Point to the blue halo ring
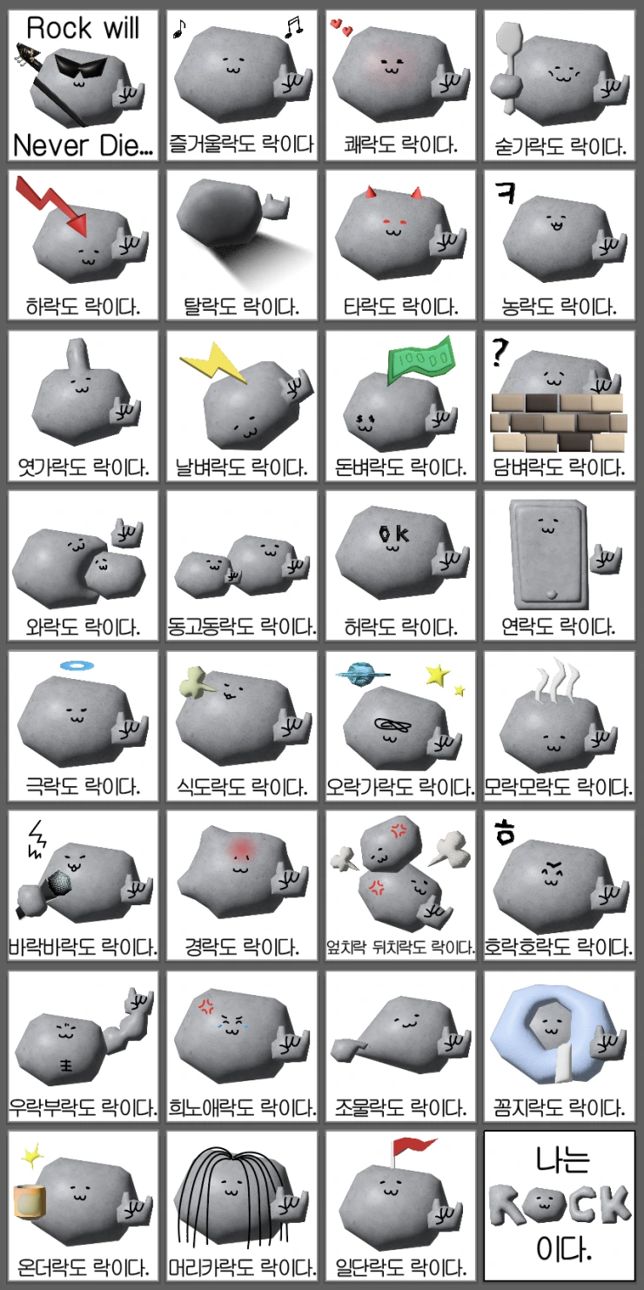[77, 666]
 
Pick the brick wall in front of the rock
[558, 423]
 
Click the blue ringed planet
[360, 674]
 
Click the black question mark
[500, 353]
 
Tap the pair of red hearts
[341, 26]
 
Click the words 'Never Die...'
[83, 145]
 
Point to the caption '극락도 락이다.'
[83, 785]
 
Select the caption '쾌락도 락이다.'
[401, 144]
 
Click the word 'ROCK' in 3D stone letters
[560, 1204]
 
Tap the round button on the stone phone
[551, 594]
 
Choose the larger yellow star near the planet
[438, 675]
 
